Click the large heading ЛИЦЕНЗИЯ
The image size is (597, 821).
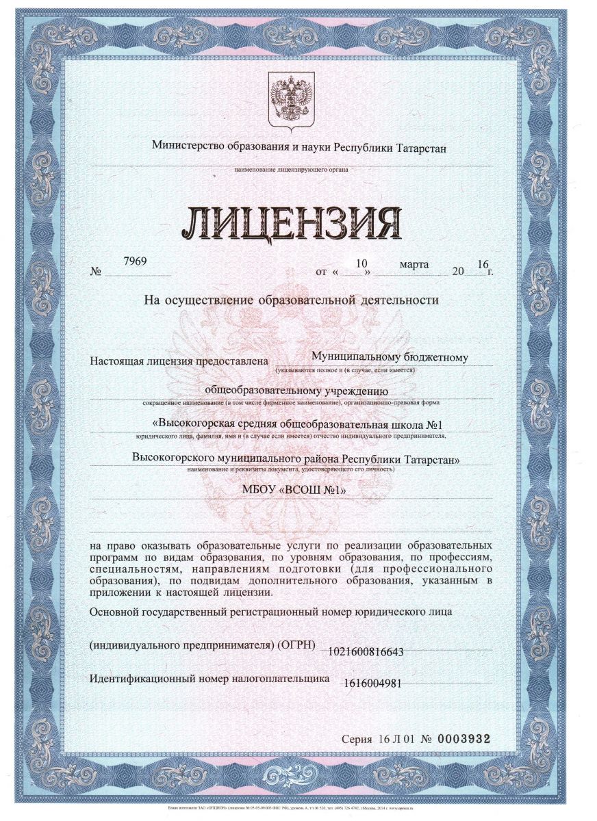[x=290, y=222]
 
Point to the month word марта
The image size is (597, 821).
[x=415, y=263]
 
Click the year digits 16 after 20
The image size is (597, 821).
[x=483, y=264]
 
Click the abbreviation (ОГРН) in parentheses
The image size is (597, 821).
[x=296, y=645]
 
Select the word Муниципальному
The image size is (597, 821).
[x=355, y=356]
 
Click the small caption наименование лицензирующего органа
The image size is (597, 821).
[x=290, y=169]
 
